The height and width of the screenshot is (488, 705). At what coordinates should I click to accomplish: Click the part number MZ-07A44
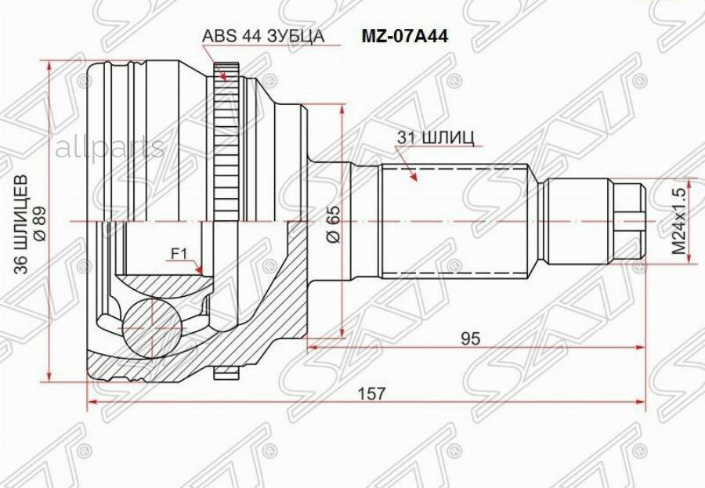tap(405, 37)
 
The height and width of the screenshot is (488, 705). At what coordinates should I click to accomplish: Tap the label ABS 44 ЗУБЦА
tap(263, 36)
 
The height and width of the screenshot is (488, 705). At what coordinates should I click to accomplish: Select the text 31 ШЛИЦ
tap(436, 139)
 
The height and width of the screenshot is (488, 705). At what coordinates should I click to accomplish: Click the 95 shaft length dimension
tap(471, 338)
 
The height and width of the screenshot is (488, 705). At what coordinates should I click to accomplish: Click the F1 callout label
tap(179, 255)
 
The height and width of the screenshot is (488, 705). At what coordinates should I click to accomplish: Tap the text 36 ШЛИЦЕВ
tap(21, 225)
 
